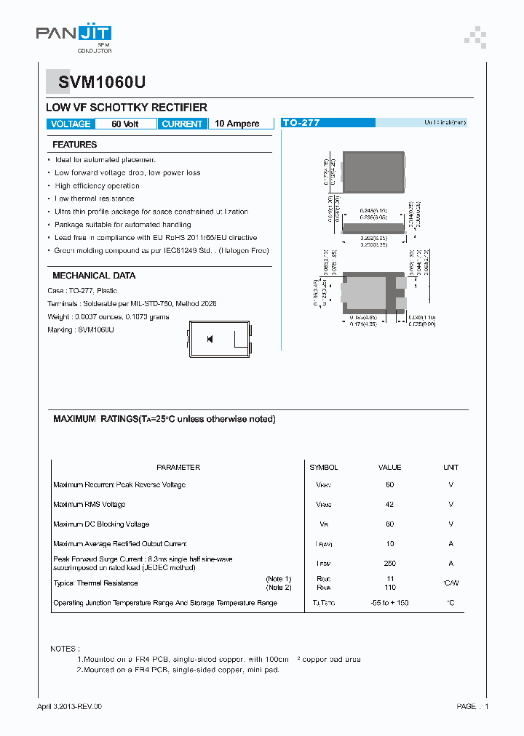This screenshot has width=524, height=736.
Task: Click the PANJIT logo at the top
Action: [x=74, y=33]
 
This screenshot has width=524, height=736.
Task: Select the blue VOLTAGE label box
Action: [x=71, y=124]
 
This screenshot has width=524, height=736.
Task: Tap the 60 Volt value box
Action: [x=125, y=124]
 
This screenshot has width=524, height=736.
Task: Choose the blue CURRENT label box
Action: [x=182, y=124]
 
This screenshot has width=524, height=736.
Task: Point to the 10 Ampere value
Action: [x=237, y=124]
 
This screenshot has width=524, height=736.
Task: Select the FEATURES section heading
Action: [x=74, y=145]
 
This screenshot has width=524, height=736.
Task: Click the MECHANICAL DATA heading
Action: [x=94, y=276]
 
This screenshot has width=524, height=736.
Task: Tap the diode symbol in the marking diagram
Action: [x=210, y=339]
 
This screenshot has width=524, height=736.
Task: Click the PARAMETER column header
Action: [x=178, y=468]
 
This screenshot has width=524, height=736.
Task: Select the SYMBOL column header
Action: [x=324, y=468]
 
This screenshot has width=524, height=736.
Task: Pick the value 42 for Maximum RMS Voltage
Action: [x=390, y=504]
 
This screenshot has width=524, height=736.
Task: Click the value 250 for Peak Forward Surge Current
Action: [x=390, y=563]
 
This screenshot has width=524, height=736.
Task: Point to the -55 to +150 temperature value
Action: [x=390, y=603]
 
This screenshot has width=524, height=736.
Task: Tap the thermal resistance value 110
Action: [x=390, y=587]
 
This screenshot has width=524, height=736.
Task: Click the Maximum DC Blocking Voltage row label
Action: [x=101, y=524]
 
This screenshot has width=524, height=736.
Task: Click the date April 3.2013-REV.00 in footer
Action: [x=70, y=706]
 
